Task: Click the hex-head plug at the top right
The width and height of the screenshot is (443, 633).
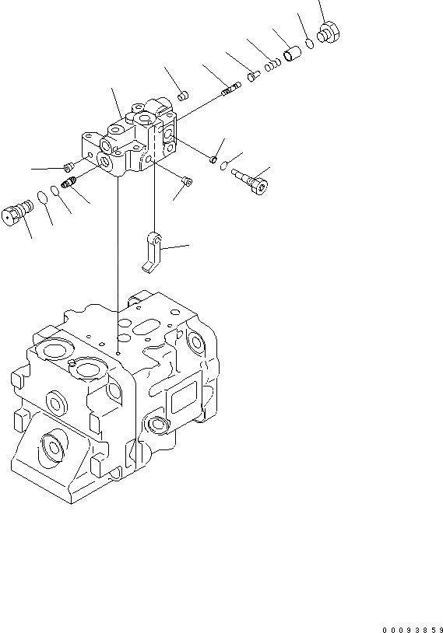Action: [329, 33]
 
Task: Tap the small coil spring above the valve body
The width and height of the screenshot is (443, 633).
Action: [230, 89]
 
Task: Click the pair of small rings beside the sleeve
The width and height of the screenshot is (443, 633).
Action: [272, 65]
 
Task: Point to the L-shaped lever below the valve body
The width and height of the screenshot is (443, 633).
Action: [153, 253]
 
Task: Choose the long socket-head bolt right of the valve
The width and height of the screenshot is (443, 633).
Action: [250, 182]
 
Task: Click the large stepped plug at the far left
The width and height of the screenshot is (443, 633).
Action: [17, 212]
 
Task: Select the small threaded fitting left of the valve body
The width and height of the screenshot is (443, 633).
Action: [69, 184]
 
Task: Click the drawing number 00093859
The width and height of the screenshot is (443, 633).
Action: [413, 629]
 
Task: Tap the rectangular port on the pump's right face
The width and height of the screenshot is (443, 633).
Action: [185, 397]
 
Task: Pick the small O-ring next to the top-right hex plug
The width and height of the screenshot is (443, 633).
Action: [310, 43]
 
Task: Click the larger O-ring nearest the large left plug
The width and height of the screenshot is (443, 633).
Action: [42, 197]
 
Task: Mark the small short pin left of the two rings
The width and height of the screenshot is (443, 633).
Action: [254, 76]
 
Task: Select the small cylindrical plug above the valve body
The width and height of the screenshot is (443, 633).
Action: [183, 96]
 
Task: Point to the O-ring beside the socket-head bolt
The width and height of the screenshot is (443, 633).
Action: [223, 165]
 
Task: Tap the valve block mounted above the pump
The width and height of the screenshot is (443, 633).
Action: [128, 137]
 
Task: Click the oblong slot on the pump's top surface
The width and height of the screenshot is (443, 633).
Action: [146, 327]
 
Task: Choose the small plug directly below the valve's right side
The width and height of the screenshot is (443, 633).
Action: [187, 182]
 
